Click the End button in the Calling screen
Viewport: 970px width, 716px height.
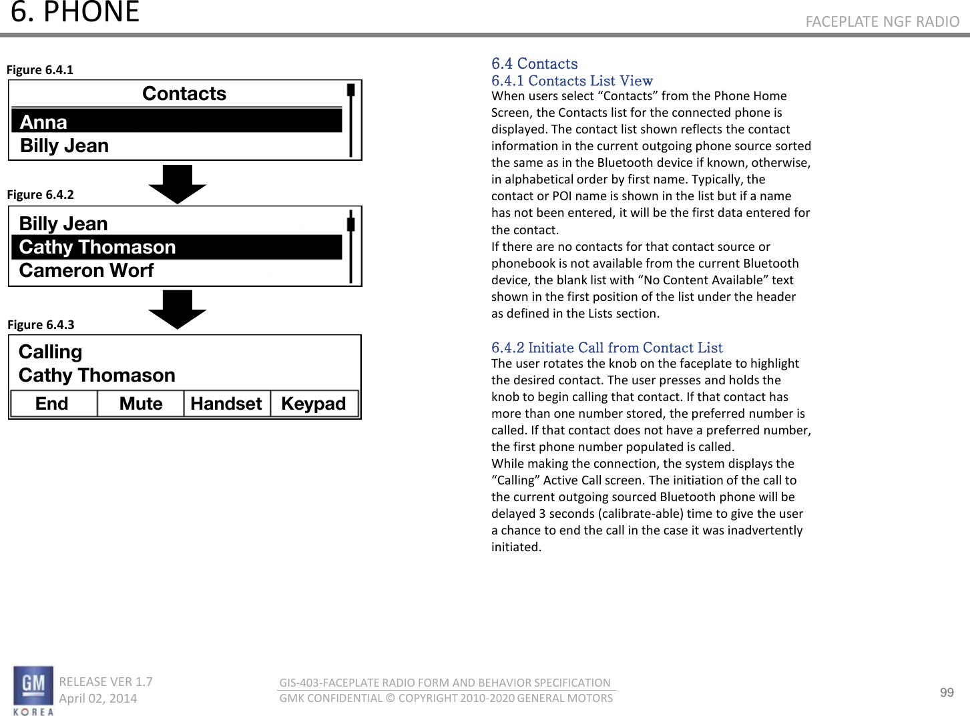click(x=53, y=404)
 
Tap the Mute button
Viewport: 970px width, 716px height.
click(x=141, y=404)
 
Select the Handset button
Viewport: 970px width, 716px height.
click(x=226, y=404)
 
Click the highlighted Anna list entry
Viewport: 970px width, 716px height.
click(x=176, y=121)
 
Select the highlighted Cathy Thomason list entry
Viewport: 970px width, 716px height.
click(x=176, y=247)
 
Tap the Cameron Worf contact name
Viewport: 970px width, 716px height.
click(x=86, y=271)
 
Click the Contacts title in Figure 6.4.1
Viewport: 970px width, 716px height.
click(x=184, y=93)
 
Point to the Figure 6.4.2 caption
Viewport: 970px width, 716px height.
click(x=40, y=195)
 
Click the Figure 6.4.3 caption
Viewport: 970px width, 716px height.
click(x=41, y=325)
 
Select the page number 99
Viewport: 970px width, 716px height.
click(x=947, y=693)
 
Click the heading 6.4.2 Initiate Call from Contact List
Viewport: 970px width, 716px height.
click(x=607, y=348)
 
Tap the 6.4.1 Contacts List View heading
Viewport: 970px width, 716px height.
click(x=572, y=81)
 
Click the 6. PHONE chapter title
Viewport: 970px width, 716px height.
click(x=75, y=13)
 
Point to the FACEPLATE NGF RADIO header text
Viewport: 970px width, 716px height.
click(x=882, y=22)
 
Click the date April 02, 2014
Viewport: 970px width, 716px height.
click(x=98, y=699)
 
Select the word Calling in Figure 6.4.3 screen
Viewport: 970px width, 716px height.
click(x=51, y=352)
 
